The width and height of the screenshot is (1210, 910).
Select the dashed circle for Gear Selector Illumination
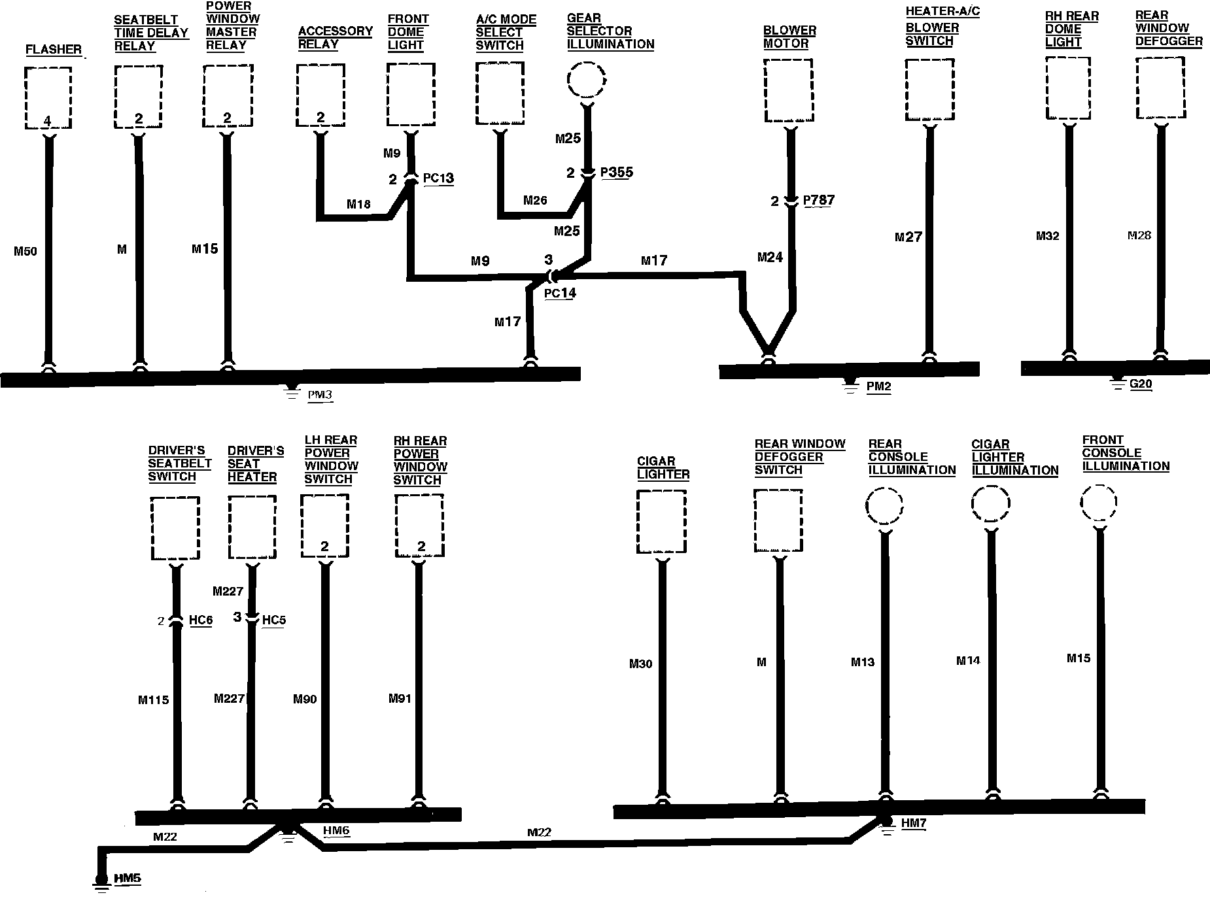click(x=587, y=80)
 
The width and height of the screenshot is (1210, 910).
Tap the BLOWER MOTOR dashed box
click(x=788, y=90)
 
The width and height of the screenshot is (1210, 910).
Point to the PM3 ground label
click(x=320, y=395)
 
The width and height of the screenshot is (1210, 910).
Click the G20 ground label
click(x=1141, y=384)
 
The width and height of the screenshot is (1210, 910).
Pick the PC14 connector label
click(x=560, y=293)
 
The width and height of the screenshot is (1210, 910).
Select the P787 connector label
click(x=819, y=200)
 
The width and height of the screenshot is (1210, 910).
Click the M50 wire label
click(x=26, y=250)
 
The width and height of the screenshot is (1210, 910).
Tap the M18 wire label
click(x=358, y=205)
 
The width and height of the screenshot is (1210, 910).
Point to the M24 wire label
click(x=770, y=258)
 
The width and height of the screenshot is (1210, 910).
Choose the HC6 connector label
click(x=201, y=620)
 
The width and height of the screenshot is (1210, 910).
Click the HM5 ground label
click(x=128, y=879)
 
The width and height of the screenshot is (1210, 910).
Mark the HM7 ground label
click(x=914, y=824)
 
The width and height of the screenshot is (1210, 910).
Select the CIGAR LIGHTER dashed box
click(x=661, y=522)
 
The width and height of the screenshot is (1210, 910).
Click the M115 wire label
click(x=154, y=700)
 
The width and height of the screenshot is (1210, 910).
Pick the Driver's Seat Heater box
click(x=252, y=527)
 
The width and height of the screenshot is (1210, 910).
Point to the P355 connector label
click(x=616, y=173)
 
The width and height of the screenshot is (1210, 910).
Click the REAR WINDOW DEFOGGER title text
click(x=1168, y=28)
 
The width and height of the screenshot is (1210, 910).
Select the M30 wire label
click(x=641, y=664)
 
